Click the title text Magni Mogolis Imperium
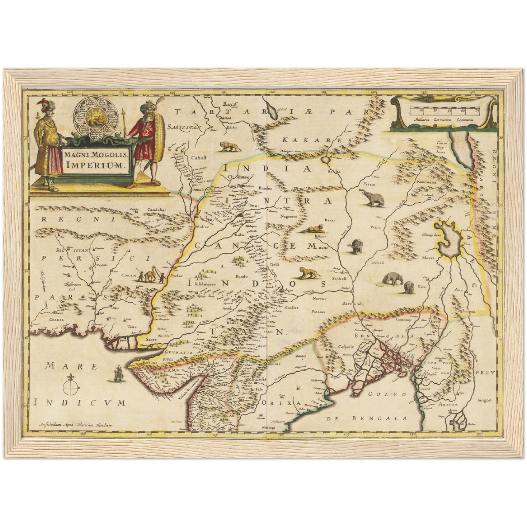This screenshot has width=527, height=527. [96, 159]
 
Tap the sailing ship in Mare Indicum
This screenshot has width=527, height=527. [118, 373]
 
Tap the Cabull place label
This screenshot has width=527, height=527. [199, 158]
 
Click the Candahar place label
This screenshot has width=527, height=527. [156, 210]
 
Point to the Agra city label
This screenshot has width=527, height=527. [289, 291]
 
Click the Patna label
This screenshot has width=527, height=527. [375, 227]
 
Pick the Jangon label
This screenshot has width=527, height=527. [484, 400]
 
